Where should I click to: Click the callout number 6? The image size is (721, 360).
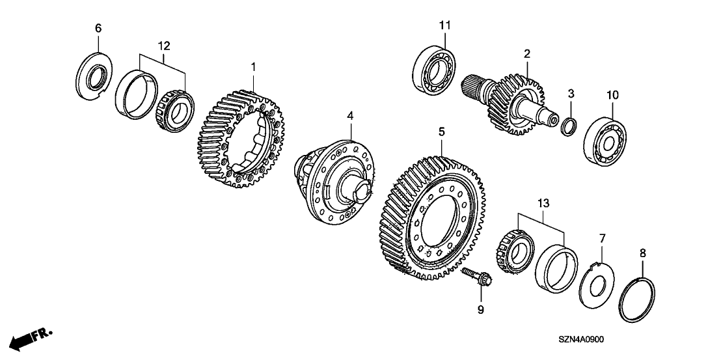(98, 29)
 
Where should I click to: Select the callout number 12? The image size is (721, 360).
(164, 46)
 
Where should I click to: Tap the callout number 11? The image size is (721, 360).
(444, 25)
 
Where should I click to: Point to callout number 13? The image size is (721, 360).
(543, 203)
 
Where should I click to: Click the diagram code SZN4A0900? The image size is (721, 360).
(581, 340)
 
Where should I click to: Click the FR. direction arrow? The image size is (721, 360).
(31, 339)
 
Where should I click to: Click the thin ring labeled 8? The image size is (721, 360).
(637, 299)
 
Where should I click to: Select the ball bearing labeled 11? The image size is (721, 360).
(433, 71)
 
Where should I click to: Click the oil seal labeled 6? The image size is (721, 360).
(94, 77)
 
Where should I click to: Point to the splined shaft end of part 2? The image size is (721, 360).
(474, 86)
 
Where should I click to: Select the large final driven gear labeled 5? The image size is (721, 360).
(433, 218)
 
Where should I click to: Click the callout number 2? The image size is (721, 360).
(526, 54)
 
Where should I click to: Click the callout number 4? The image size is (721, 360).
(350, 117)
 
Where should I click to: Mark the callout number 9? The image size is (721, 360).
(480, 311)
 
